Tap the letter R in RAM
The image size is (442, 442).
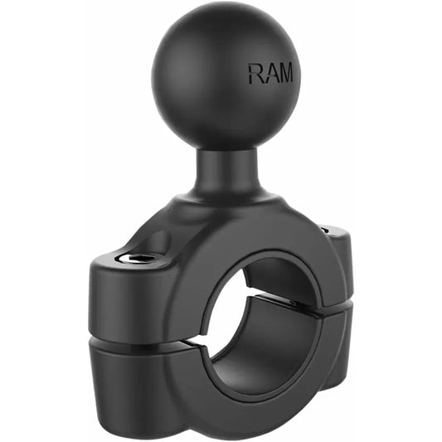coord(254,74)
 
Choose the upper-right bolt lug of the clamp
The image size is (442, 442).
coord(336,249)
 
